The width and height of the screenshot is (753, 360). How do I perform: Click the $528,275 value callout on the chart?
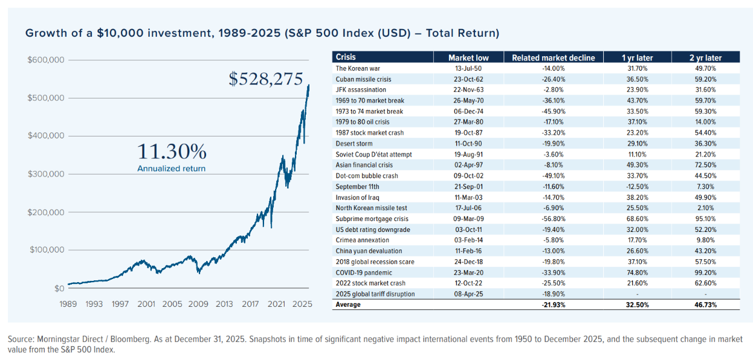265,79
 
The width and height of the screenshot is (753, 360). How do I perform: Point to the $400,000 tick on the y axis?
47,136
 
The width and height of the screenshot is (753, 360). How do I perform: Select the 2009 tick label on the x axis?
198,304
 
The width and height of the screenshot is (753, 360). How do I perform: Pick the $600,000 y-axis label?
47,60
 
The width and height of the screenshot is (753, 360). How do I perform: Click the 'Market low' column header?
468,58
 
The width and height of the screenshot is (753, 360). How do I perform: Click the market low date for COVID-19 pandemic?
468,272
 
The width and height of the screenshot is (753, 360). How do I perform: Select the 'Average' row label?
349,305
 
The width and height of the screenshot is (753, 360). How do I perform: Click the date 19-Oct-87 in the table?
468,133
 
